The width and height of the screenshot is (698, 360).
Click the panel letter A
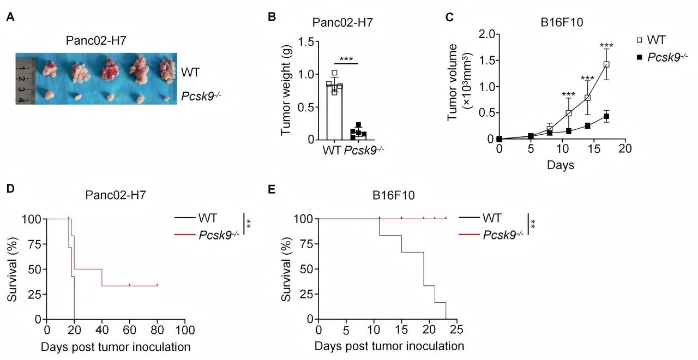[10, 17]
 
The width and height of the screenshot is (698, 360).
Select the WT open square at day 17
[606, 64]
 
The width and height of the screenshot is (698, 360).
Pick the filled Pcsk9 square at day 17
[606, 117]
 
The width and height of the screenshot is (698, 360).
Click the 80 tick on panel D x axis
[157, 330]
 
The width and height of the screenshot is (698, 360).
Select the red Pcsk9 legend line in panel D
[186, 235]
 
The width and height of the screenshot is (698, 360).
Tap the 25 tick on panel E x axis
[457, 330]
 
